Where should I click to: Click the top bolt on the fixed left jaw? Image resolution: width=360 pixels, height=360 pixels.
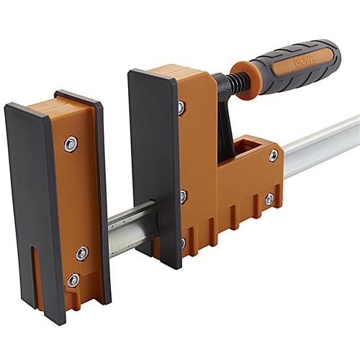coord(70,144)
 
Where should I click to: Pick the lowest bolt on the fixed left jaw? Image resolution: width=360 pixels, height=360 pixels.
coord(73,279)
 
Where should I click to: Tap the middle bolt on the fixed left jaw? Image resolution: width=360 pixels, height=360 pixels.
coord(82,253)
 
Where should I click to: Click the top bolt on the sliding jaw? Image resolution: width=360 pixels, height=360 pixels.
coord(181,108)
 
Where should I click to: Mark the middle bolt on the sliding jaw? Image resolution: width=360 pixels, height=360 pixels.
coord(183,195)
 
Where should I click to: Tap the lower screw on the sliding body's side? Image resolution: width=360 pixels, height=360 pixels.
coord(269,199)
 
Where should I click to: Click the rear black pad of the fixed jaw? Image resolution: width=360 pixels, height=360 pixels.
coord(101,187)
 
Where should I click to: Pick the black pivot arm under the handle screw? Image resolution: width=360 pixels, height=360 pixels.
coord(225,122)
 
